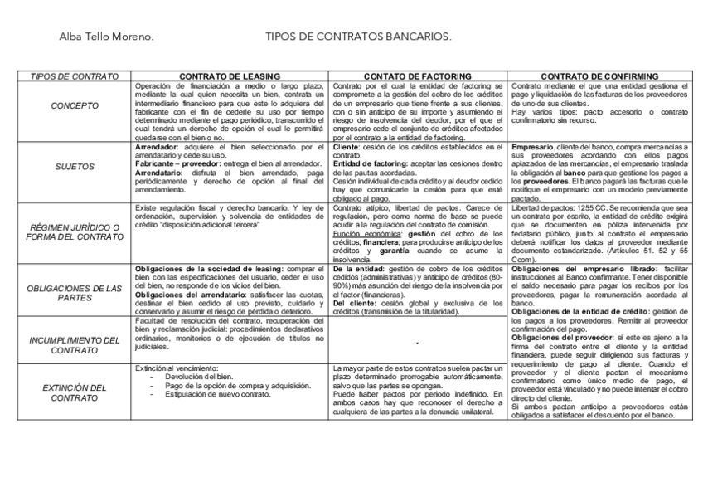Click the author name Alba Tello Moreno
click(105, 37)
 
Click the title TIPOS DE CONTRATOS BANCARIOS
click(358, 37)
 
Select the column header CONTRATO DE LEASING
click(230, 76)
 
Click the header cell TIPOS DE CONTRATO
click(75, 76)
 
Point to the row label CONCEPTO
click(75, 106)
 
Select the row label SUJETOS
click(75, 167)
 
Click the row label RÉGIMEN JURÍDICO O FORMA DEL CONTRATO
click(75, 231)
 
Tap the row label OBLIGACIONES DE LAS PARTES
click(75, 293)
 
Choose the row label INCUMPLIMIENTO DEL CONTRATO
click(75, 345)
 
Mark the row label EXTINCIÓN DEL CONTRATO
click(75, 392)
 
